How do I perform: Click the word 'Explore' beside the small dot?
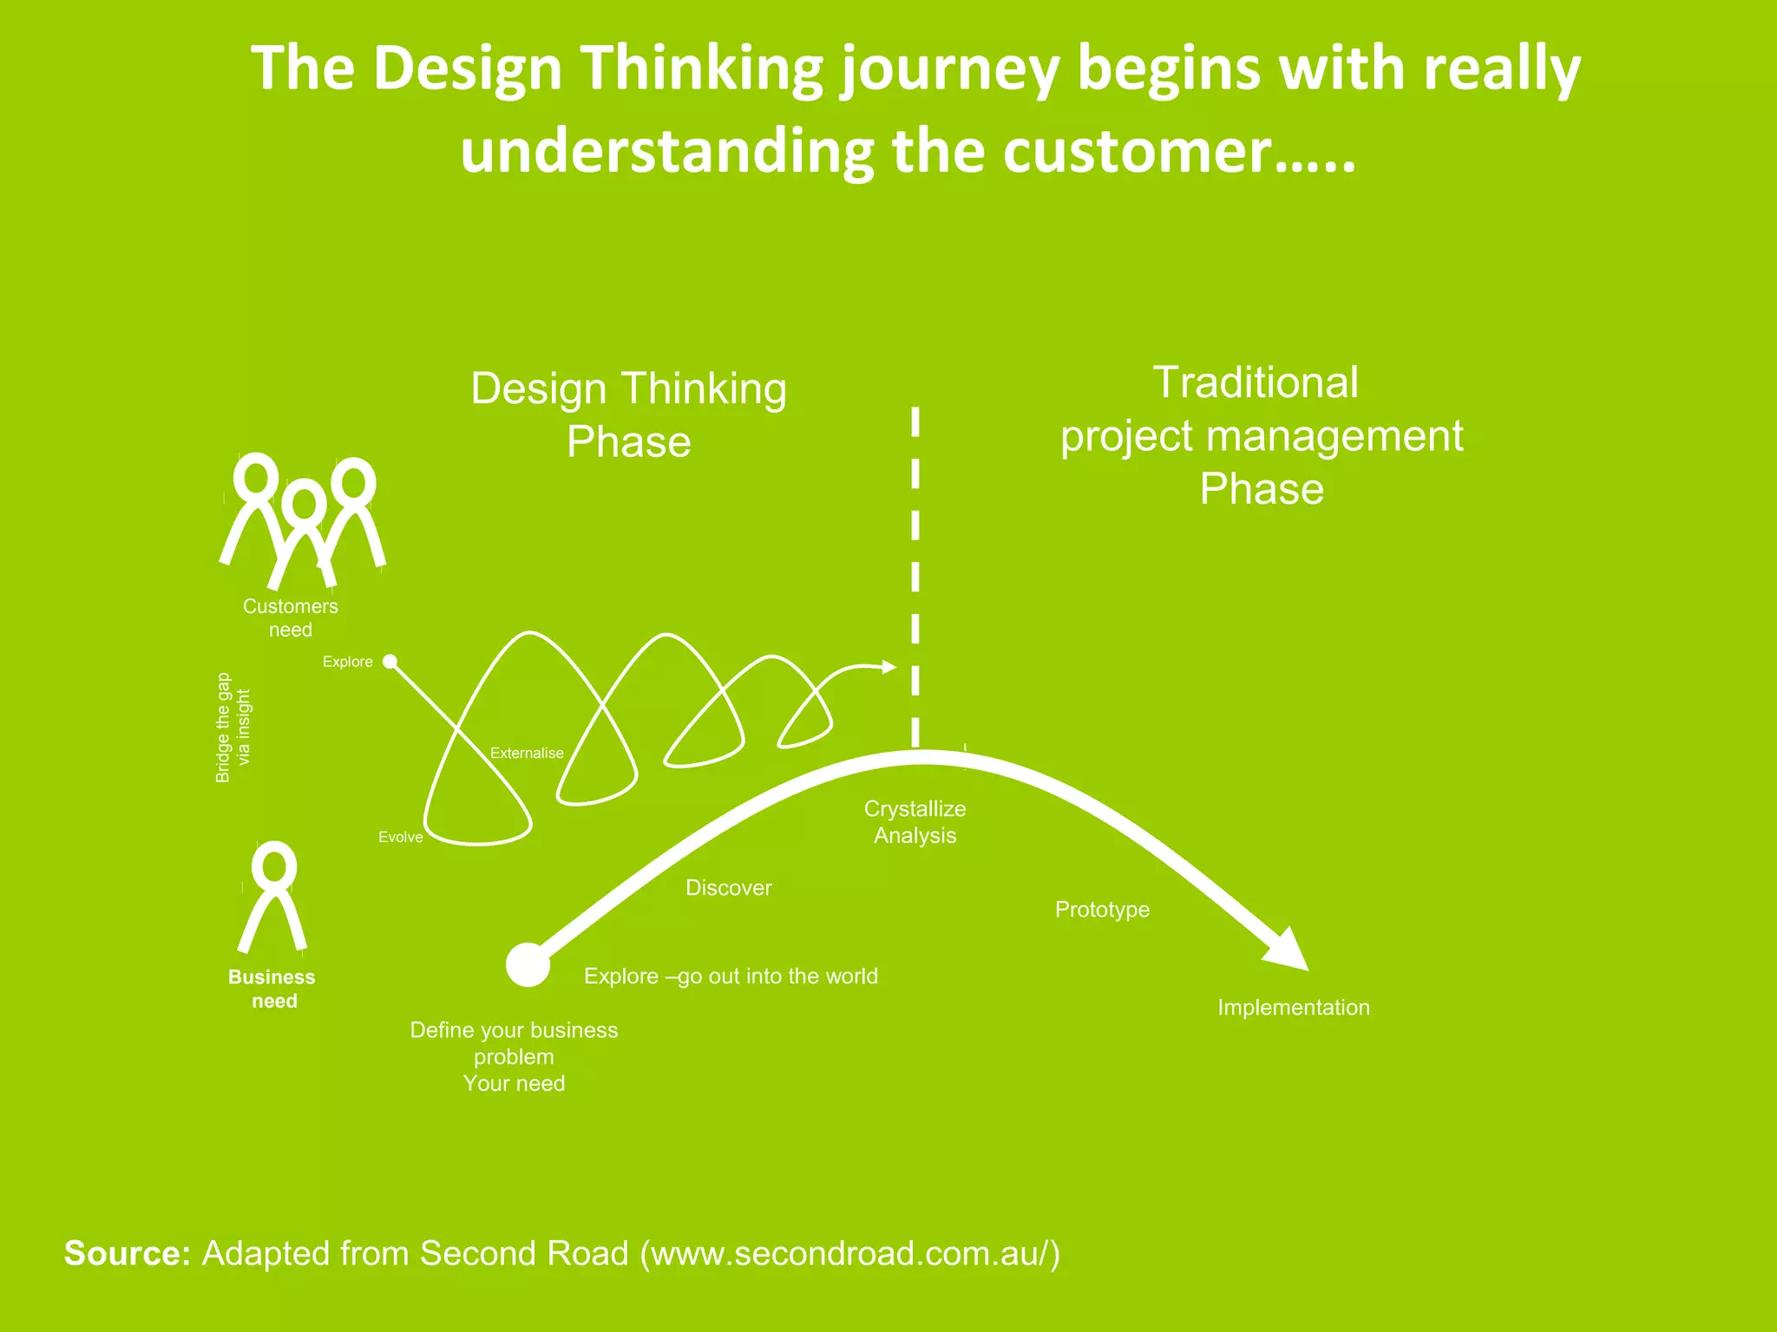pos(347,662)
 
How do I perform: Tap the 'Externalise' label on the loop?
pos(527,753)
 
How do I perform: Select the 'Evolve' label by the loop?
pos(400,837)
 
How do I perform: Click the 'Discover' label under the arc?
pos(728,887)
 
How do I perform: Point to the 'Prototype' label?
pos(1102,909)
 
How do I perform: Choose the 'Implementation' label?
pos(1293,1007)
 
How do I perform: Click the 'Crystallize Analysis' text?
pos(915,821)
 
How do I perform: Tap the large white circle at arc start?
pos(528,964)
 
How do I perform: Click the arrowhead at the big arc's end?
pos(1288,950)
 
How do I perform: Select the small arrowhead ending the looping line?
pos(888,666)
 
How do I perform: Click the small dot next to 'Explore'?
pos(390,662)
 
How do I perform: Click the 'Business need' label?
pos(272,989)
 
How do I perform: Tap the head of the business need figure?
pos(274,865)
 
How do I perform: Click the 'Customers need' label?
pos(290,617)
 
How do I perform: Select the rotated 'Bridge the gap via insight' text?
pos(233,728)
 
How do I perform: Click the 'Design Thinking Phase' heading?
pos(628,415)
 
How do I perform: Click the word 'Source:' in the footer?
pos(127,1253)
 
